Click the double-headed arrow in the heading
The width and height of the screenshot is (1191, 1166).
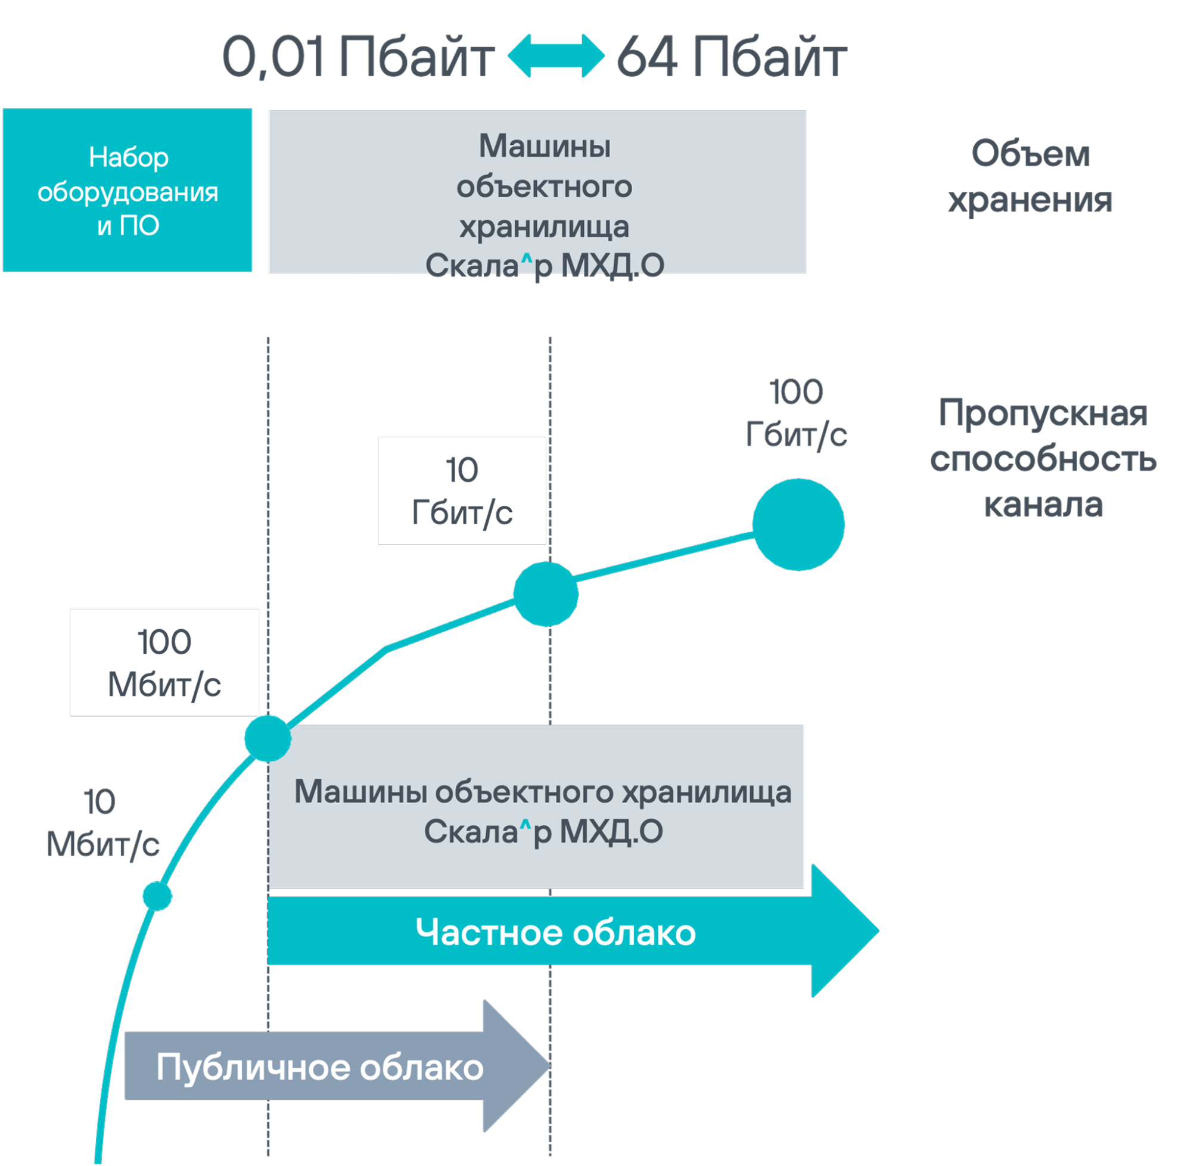click(x=556, y=56)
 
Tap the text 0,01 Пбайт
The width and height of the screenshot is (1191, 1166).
click(x=357, y=57)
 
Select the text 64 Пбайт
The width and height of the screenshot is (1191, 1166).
click(x=731, y=57)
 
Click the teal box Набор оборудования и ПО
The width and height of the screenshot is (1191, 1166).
click(x=128, y=191)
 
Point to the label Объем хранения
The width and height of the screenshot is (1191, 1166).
click(x=1030, y=176)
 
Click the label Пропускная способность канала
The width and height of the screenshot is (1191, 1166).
click(x=1043, y=458)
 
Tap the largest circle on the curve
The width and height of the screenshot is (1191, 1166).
click(x=798, y=525)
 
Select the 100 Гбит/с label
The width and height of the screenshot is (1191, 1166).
click(x=796, y=413)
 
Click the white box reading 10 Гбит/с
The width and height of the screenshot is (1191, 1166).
click(x=462, y=490)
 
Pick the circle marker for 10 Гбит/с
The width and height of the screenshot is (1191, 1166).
click(x=546, y=593)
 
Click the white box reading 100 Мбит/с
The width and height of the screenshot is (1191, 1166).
click(x=164, y=663)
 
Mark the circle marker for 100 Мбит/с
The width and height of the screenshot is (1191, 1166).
click(x=268, y=738)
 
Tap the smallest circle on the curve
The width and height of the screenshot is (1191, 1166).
click(x=157, y=897)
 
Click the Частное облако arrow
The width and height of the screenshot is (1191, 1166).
click(x=555, y=931)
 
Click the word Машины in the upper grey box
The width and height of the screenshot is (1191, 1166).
click(x=545, y=147)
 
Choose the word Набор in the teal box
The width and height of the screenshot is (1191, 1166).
click(x=129, y=157)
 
